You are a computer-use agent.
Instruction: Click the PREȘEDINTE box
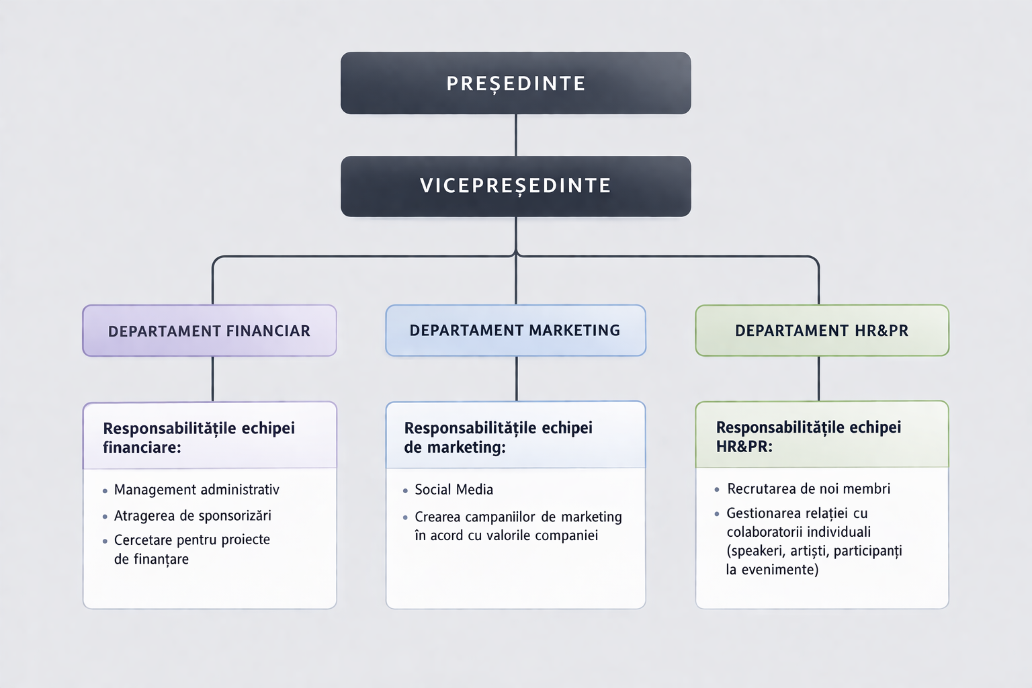click(x=515, y=83)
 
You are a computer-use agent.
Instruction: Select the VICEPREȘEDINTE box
click(x=515, y=186)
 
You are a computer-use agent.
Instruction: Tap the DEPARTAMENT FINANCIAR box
click(x=209, y=331)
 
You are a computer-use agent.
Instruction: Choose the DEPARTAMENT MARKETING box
click(x=515, y=331)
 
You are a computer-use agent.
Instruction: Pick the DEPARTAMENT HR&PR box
click(x=822, y=331)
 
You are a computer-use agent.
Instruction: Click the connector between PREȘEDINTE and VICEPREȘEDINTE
click(x=515, y=135)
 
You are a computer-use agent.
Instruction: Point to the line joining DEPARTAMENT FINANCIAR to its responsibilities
click(x=213, y=379)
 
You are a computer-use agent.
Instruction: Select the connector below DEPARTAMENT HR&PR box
click(x=818, y=378)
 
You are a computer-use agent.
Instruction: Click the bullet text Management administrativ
click(x=196, y=490)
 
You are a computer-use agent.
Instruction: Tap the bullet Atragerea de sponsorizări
click(x=192, y=516)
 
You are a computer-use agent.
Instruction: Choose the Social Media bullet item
click(x=454, y=490)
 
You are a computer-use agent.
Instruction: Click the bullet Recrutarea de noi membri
click(x=808, y=489)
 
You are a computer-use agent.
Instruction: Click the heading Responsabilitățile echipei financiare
click(x=199, y=437)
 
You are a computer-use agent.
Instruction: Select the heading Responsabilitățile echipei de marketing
click(x=498, y=437)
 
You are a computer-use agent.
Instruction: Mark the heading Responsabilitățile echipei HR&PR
click(x=808, y=437)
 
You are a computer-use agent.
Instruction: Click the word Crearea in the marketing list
click(x=437, y=517)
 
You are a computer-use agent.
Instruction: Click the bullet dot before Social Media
click(x=405, y=491)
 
